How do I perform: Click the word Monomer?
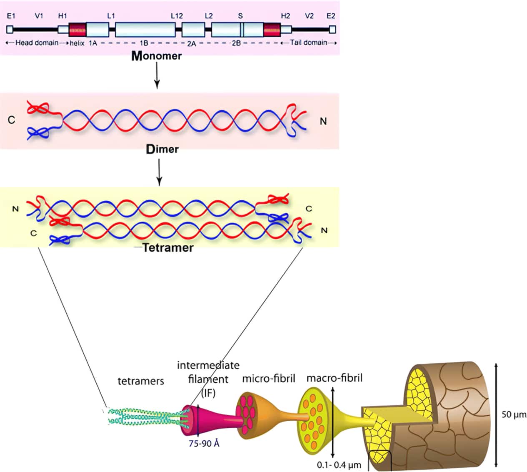(157, 56)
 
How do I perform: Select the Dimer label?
(162, 149)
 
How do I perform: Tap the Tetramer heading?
(168, 248)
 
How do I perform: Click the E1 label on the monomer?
(11, 16)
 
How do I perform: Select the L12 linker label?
(177, 16)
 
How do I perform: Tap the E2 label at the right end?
(331, 16)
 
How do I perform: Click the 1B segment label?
(144, 43)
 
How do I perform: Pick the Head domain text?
(37, 43)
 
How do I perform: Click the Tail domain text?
(309, 43)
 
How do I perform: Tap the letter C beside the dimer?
(11, 120)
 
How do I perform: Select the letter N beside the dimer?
(323, 121)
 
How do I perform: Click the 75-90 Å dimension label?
(204, 444)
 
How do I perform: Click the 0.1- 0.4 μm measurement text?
(339, 465)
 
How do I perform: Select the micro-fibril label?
(269, 379)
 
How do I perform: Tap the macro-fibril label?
(334, 378)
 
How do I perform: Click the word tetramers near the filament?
(141, 381)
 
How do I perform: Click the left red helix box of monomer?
(77, 30)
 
